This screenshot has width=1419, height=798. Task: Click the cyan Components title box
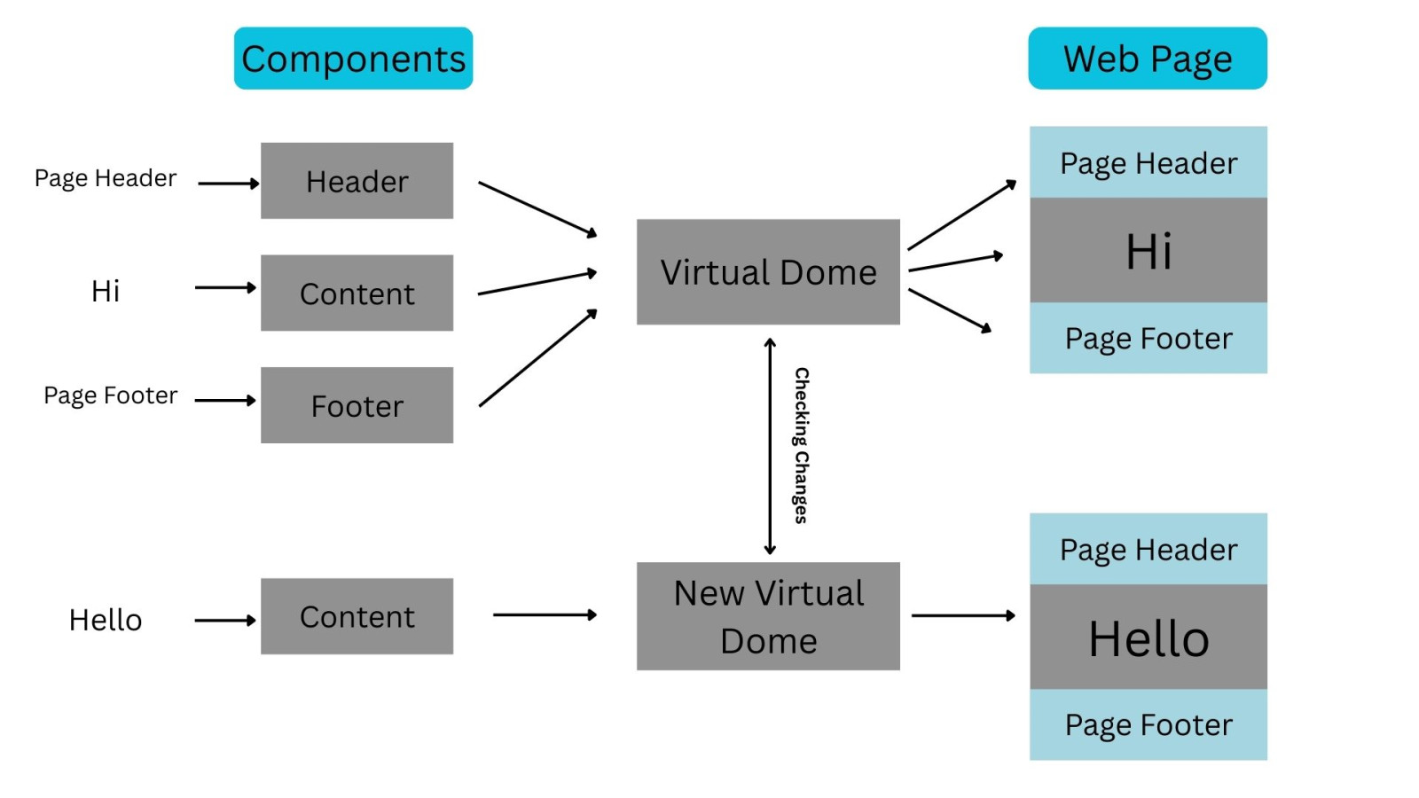pos(353,59)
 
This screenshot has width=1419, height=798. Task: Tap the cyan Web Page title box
pos(1148,59)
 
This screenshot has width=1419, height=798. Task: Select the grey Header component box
pos(357,181)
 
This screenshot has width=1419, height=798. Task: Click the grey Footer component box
pos(357,405)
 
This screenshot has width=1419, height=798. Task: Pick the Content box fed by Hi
pos(357,293)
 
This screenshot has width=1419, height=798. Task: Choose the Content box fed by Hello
pos(357,616)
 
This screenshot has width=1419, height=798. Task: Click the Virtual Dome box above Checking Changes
pos(768,271)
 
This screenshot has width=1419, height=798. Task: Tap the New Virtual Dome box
pos(768,616)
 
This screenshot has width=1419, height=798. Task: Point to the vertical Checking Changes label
pos(801,445)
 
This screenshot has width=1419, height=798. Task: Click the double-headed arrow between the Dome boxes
pos(770,445)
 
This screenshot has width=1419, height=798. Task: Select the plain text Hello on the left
pos(106,620)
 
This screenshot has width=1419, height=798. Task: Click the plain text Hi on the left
pos(106,291)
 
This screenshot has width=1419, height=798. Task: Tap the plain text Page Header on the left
pos(106,178)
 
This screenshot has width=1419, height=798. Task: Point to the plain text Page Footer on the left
pos(111,395)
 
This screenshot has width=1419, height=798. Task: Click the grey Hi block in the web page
pos(1149,250)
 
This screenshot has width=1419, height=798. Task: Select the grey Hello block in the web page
pos(1149,638)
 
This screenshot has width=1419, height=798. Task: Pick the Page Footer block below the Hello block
pos(1149,724)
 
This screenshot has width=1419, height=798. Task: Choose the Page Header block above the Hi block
pos(1149,163)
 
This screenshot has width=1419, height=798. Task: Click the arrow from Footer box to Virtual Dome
pos(537,358)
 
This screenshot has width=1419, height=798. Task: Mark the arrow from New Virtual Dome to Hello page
pos(963,615)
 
